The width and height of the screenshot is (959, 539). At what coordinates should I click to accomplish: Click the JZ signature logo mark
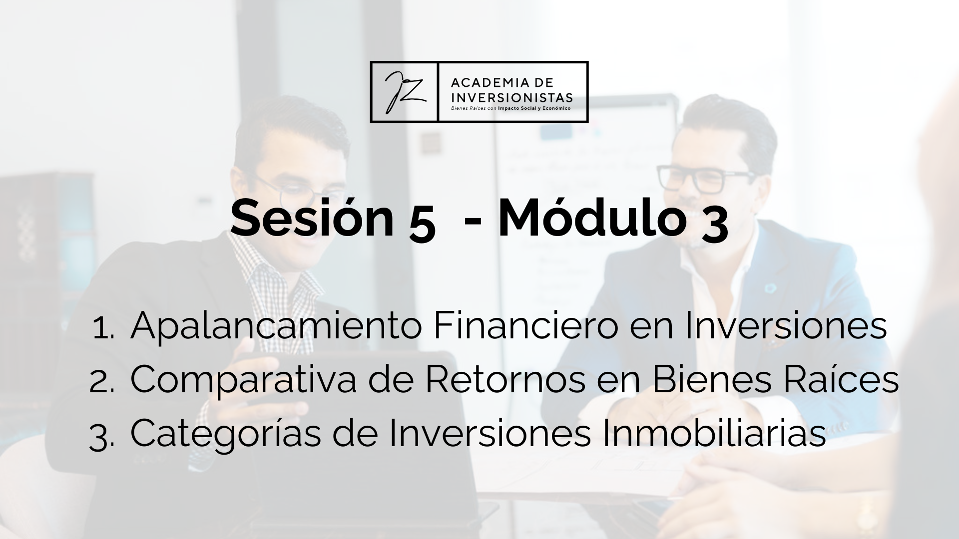click(x=404, y=92)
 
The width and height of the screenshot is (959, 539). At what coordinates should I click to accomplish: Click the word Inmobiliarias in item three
click(x=714, y=433)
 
